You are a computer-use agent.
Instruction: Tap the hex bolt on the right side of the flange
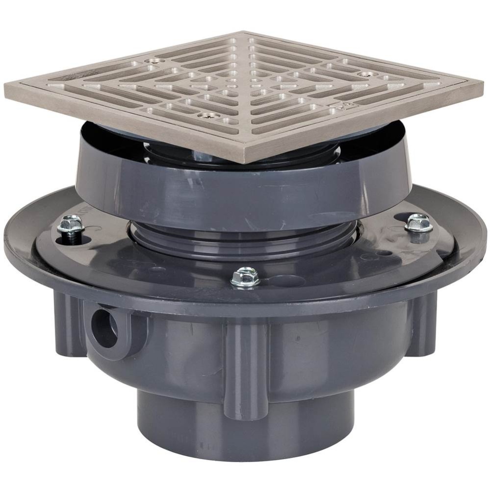[x=418, y=222]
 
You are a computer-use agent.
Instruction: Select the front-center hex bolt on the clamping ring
[x=245, y=276]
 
